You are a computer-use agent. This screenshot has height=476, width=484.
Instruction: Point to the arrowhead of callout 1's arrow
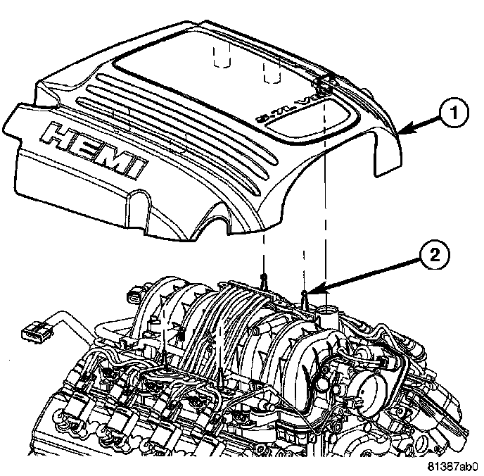(398, 132)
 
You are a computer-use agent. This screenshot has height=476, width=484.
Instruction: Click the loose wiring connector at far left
(32, 328)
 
